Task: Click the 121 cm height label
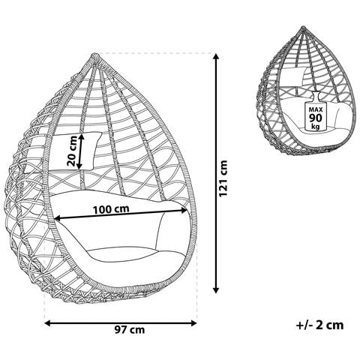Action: coord(223,178)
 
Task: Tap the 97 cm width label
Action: coord(130,330)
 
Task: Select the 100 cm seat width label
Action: coord(111,209)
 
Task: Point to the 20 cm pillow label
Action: coord(72,151)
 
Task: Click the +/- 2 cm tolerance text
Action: coord(320,325)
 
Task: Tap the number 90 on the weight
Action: coord(316,118)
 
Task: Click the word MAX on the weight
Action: coord(316,109)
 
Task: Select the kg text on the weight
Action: coord(316,126)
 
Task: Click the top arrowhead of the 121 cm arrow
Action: coord(216,56)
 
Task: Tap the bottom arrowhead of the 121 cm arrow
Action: coord(216,290)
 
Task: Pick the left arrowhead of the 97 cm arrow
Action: coord(48,323)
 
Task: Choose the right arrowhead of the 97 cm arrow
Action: coord(193,323)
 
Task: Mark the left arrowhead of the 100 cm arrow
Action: coord(58,219)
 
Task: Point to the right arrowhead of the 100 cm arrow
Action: coord(184,211)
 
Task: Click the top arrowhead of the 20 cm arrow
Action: coord(81,136)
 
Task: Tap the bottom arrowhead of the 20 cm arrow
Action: coord(79,166)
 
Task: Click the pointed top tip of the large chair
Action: coord(94,55)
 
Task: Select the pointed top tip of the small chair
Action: coord(303,27)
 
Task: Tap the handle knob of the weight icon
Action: coord(316,94)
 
